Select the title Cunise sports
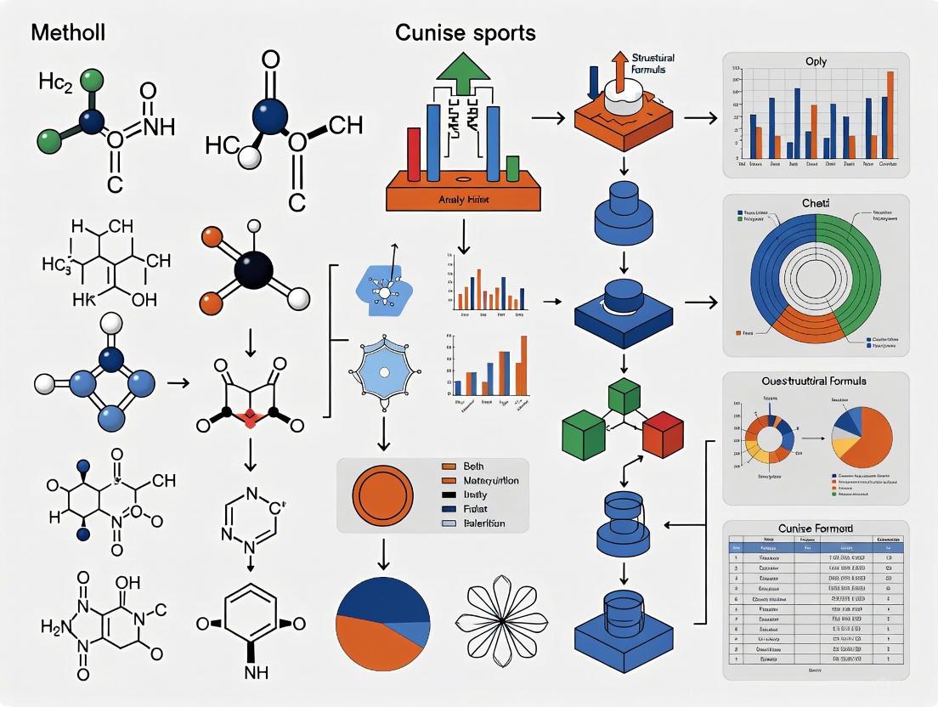coord(465,33)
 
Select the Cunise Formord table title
coord(816,529)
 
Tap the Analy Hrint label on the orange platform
coord(464,198)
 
